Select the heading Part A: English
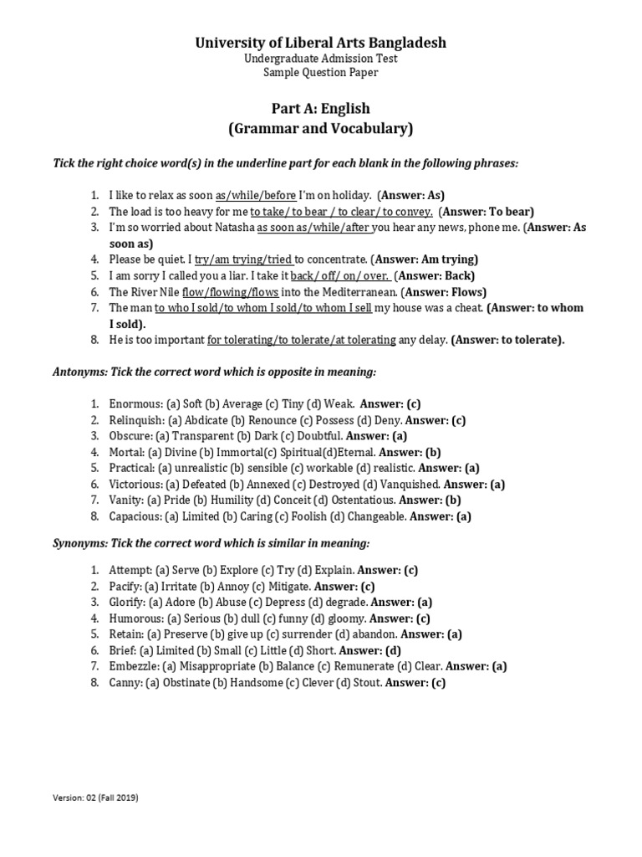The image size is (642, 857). pos(320,109)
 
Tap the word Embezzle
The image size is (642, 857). pos(133,666)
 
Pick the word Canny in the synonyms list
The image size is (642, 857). pos(125,682)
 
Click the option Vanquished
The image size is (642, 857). pos(405,484)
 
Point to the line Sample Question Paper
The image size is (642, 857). pos(320,73)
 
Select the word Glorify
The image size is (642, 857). pos(126,602)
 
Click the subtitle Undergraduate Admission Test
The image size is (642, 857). pos(320,59)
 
